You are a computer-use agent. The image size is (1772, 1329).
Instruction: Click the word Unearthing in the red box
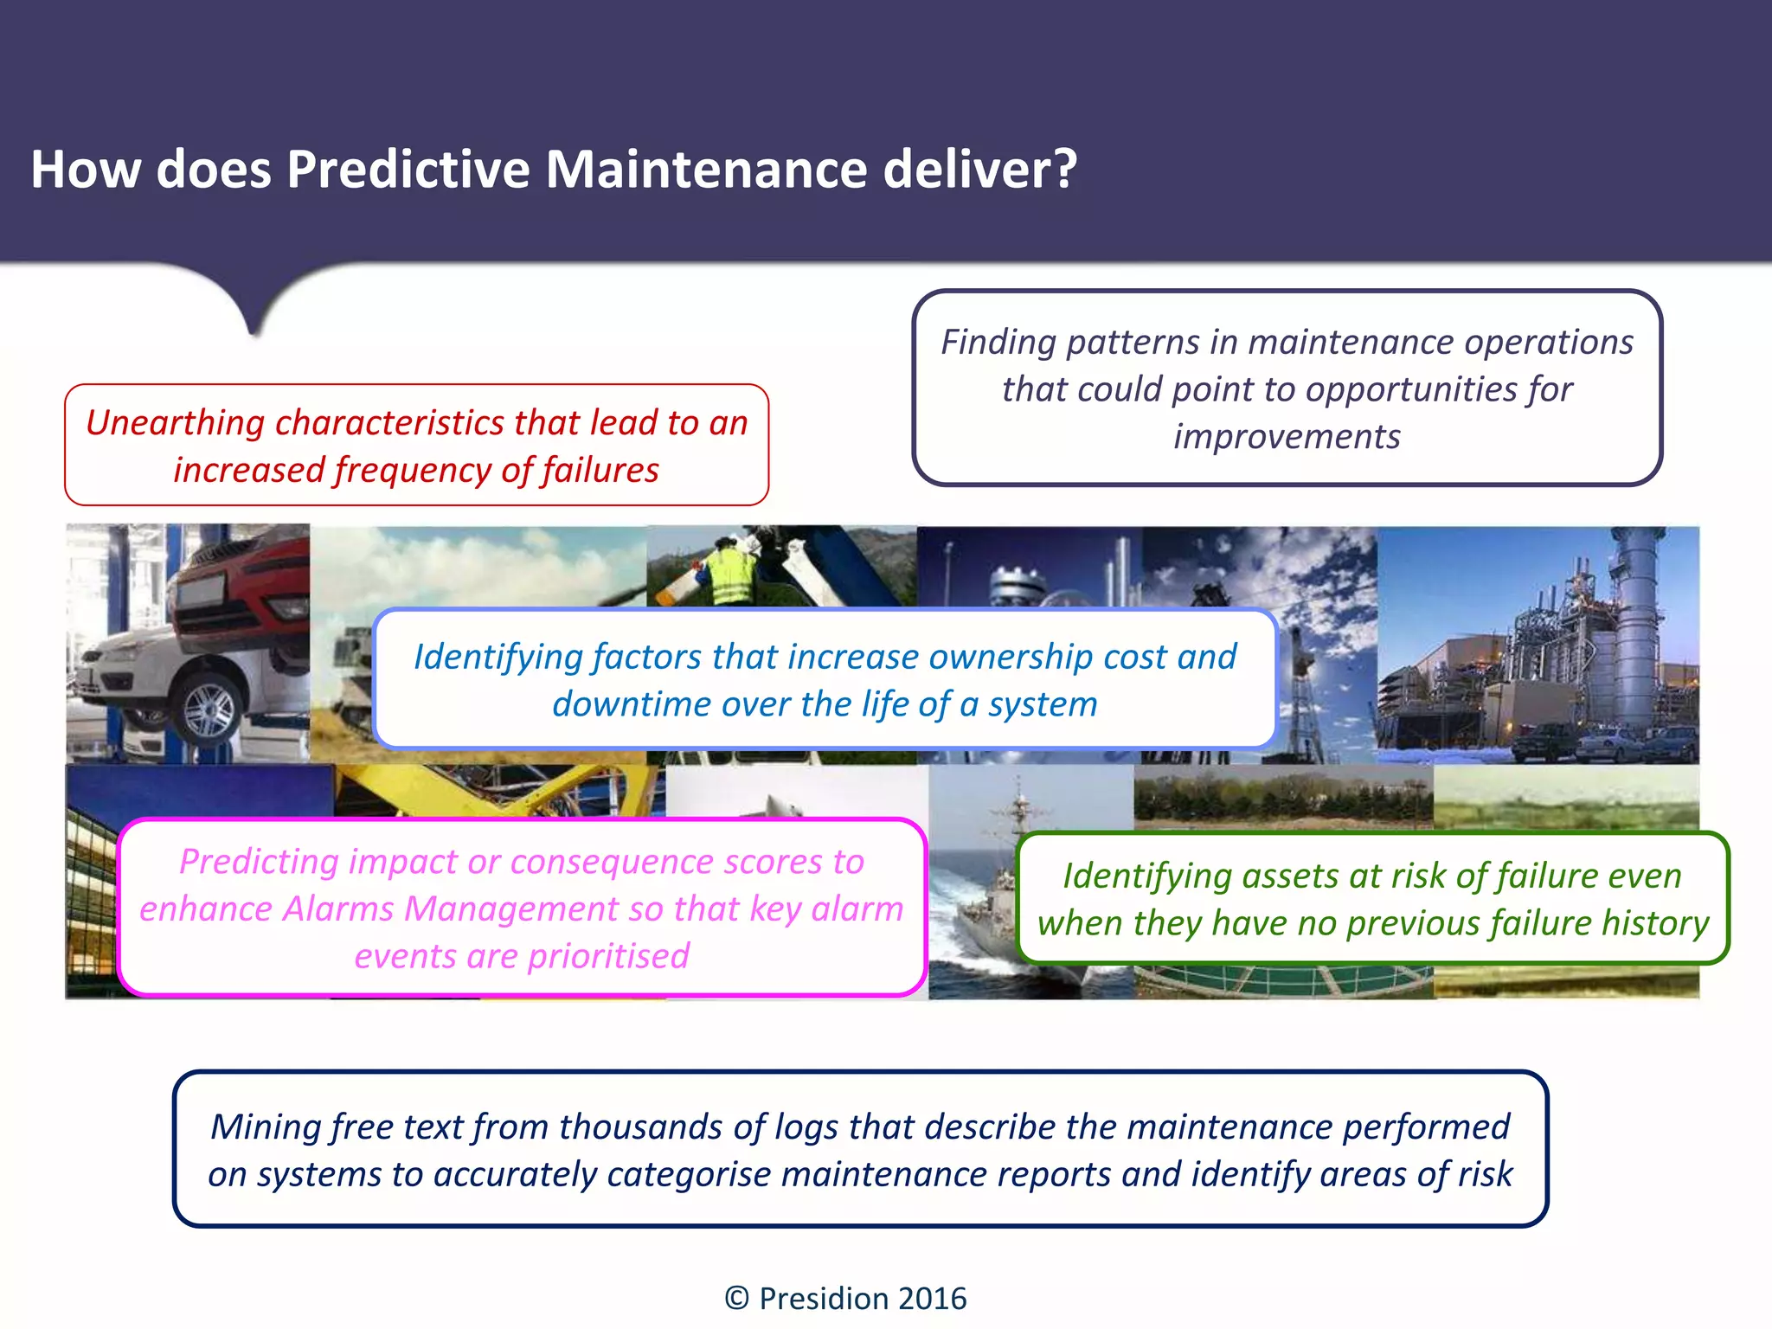click(x=174, y=423)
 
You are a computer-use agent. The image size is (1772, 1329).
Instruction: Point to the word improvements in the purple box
click(x=1287, y=437)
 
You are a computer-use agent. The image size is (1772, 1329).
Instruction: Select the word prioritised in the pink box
click(x=608, y=957)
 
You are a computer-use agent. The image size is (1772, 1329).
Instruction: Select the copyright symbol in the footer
click(x=736, y=1299)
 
